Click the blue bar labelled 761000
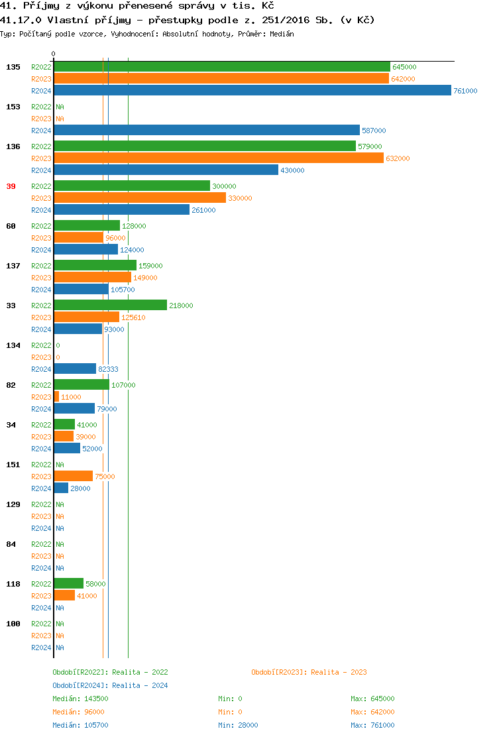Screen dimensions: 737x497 [x=252, y=91]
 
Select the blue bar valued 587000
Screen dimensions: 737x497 [x=206, y=131]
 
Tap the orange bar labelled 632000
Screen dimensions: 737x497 [x=218, y=158]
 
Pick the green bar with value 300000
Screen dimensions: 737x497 [x=131, y=186]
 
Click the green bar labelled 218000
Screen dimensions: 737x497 [x=110, y=306]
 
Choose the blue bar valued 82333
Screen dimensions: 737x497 [x=75, y=369]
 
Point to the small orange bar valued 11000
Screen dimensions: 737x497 [x=56, y=397]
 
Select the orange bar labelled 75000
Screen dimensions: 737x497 [x=73, y=477]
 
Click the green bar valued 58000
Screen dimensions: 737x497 [x=68, y=584]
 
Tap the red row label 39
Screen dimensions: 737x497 [x=11, y=186]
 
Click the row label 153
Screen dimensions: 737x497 [x=13, y=107]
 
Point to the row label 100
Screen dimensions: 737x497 [x=13, y=624]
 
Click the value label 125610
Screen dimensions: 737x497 [x=133, y=317]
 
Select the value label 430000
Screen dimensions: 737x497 [x=292, y=170]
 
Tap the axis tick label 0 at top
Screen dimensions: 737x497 [x=54, y=54]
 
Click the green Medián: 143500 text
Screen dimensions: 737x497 [x=80, y=699]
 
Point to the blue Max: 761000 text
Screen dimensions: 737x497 [x=372, y=725]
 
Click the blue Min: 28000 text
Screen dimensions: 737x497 [x=238, y=725]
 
